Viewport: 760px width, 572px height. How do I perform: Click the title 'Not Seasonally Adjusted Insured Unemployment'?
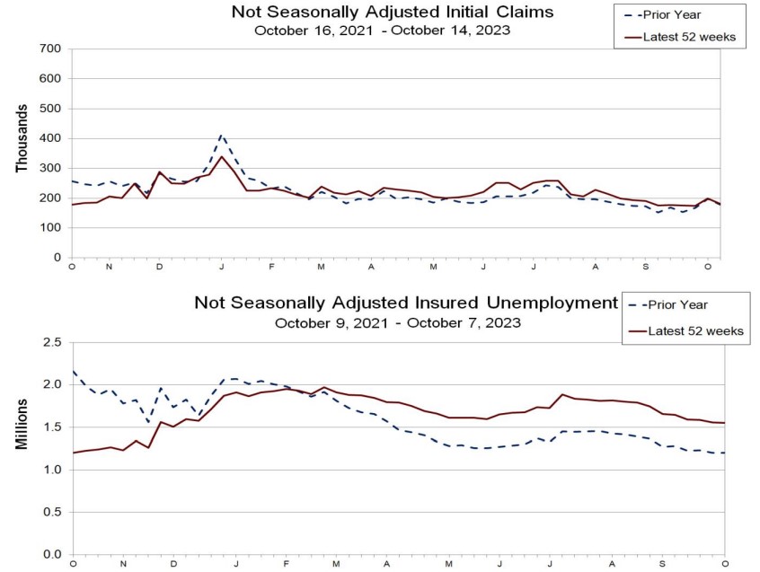pos(406,303)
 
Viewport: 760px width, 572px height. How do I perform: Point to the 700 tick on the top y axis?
pos(50,48)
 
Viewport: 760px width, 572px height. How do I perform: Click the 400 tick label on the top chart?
pos(50,138)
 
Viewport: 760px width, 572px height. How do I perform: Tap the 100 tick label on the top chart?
pos(50,228)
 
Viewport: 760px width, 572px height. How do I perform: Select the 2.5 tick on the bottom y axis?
pos(53,342)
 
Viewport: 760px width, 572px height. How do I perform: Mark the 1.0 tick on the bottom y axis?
pos(53,470)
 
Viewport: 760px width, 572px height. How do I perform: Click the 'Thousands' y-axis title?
pos(22,139)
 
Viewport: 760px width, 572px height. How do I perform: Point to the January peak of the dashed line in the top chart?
pos(221,136)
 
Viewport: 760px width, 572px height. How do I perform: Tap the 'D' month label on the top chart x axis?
pos(159,268)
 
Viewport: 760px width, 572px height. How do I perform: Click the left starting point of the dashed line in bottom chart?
pos(73,371)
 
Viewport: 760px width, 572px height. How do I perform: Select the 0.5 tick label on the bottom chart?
pos(53,512)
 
